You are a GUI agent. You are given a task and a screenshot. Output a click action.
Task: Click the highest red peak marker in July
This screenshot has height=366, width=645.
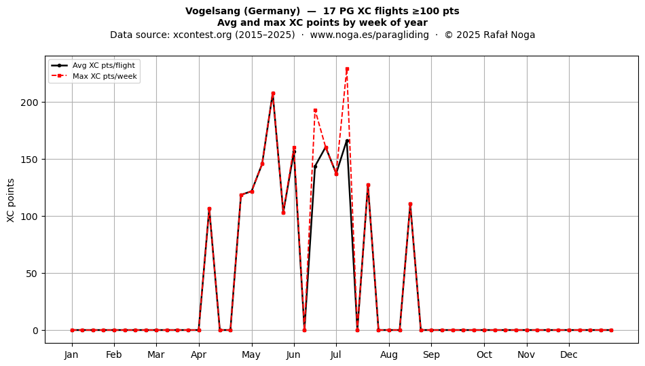click(x=347, y=69)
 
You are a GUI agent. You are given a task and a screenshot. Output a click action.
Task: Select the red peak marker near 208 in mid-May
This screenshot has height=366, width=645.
click(x=273, y=93)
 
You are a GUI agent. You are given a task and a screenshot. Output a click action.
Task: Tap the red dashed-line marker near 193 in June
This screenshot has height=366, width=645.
click(x=315, y=110)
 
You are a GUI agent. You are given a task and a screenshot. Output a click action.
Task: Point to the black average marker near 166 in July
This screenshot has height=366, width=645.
click(x=347, y=141)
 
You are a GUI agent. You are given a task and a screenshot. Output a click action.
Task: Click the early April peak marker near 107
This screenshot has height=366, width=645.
click(x=209, y=209)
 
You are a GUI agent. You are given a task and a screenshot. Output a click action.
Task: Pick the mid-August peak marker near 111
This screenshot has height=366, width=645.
click(x=410, y=204)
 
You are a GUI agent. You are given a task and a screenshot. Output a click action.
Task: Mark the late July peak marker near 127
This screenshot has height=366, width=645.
click(x=368, y=185)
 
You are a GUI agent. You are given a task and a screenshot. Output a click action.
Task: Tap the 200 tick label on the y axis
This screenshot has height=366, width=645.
click(x=29, y=103)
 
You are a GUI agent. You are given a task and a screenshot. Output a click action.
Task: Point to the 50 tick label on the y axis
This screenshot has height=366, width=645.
click(x=32, y=274)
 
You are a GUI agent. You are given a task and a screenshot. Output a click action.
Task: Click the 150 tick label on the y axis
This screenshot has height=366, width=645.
click(x=29, y=160)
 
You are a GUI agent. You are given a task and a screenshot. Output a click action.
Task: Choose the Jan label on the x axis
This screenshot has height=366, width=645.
click(x=71, y=355)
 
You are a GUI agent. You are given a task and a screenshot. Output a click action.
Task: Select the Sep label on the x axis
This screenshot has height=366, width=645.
click(x=431, y=355)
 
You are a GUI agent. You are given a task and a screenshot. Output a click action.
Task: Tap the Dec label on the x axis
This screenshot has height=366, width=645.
click(x=569, y=355)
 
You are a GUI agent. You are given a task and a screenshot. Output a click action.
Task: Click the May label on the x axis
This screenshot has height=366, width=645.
click(x=251, y=355)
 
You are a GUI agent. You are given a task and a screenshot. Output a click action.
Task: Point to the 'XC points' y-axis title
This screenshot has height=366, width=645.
click(x=11, y=200)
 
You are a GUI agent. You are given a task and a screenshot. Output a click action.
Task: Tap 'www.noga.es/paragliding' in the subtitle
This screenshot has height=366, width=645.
click(x=369, y=35)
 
